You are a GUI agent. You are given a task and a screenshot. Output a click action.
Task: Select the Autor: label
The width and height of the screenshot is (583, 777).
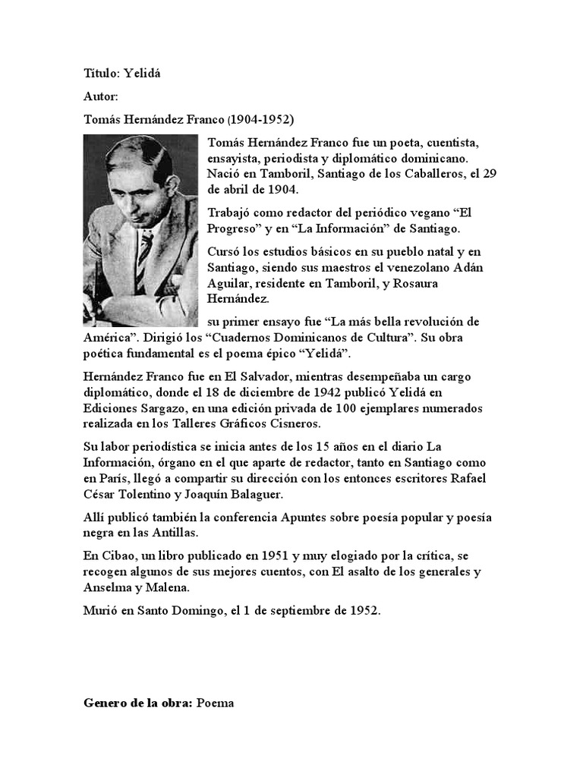[100, 96]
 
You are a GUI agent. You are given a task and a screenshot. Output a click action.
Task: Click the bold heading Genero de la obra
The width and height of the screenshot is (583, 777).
[137, 703]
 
